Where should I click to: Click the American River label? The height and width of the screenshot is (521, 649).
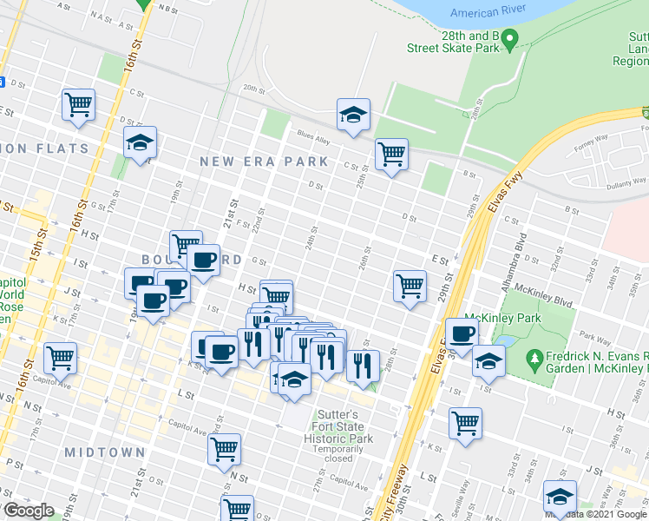pos(487,12)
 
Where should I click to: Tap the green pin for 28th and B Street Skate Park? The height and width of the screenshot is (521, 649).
pos(511,39)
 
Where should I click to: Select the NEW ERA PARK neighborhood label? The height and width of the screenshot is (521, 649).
pos(264,162)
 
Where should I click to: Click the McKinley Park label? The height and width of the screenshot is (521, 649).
pos(503,319)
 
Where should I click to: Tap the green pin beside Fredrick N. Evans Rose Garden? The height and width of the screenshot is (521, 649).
pos(535,357)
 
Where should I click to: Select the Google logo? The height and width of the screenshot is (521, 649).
pos(29,511)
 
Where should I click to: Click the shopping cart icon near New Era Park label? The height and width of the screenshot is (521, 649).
pos(391,155)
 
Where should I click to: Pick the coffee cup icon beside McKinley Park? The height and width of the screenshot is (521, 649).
pos(462,333)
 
